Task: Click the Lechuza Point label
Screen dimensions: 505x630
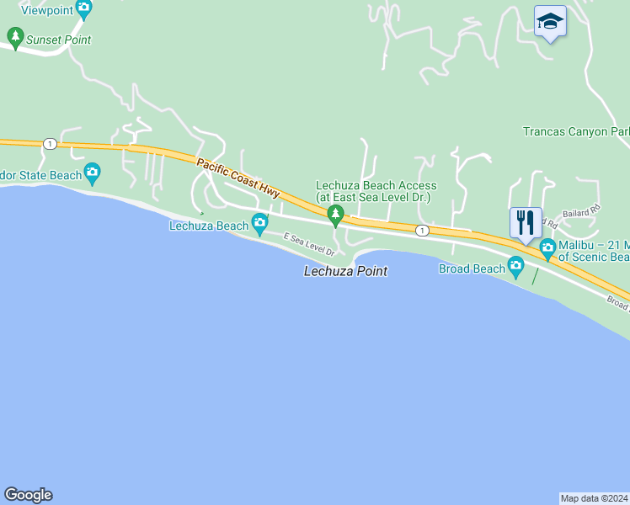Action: (345, 271)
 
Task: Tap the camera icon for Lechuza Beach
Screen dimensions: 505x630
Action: (259, 223)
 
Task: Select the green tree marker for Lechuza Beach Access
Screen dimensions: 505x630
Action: (336, 216)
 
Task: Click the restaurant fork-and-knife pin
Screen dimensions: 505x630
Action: (526, 223)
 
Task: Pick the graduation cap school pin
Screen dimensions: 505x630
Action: (550, 21)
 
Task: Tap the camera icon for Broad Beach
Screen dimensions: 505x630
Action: (515, 268)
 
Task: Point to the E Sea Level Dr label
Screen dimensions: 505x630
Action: (309, 245)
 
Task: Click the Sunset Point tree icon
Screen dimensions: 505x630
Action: (14, 38)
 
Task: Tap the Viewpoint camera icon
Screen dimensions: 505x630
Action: (83, 9)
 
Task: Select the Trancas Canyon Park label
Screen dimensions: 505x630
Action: (576, 132)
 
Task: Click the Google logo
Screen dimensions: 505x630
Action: (28, 495)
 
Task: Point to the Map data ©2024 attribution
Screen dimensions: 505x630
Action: (595, 497)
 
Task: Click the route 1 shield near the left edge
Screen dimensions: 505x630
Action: (51, 144)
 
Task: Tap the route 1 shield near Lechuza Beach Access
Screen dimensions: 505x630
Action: (422, 230)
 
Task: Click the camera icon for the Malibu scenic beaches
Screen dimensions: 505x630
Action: (547, 247)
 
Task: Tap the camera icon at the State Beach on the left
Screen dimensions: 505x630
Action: (92, 174)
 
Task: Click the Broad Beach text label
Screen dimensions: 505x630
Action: (471, 268)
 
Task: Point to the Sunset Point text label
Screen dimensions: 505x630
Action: (58, 40)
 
